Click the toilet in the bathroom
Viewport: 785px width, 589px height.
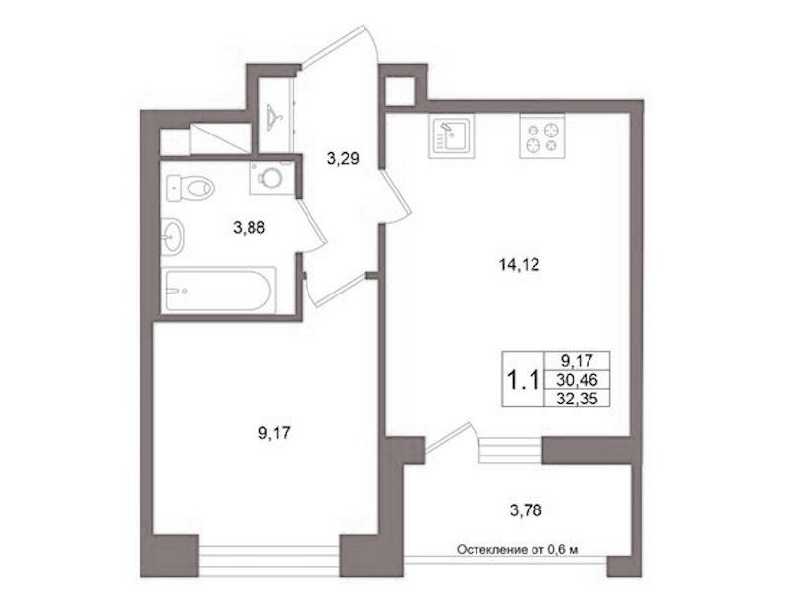point(190,188)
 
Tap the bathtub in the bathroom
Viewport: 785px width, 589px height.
point(218,291)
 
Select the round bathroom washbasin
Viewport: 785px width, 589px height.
point(173,237)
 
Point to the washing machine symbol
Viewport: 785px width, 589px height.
point(271,178)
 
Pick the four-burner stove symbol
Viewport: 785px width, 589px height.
point(542,136)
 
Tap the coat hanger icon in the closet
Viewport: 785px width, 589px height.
point(274,117)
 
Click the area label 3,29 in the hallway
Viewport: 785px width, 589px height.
point(343,159)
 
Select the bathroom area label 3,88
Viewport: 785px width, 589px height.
point(249,228)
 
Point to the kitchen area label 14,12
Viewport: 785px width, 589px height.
point(519,265)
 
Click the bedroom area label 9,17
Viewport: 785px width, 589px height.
point(274,432)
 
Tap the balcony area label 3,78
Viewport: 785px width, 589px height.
point(526,510)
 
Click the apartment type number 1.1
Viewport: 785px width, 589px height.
point(524,380)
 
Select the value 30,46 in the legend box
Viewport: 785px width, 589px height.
point(577,380)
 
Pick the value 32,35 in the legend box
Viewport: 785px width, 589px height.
point(577,399)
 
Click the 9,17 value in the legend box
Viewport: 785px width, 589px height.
point(576,360)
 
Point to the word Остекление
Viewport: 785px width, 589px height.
point(491,550)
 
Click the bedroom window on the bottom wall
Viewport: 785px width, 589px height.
point(269,557)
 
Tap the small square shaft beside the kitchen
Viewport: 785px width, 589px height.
point(401,91)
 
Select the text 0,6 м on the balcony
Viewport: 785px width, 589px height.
point(563,550)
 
